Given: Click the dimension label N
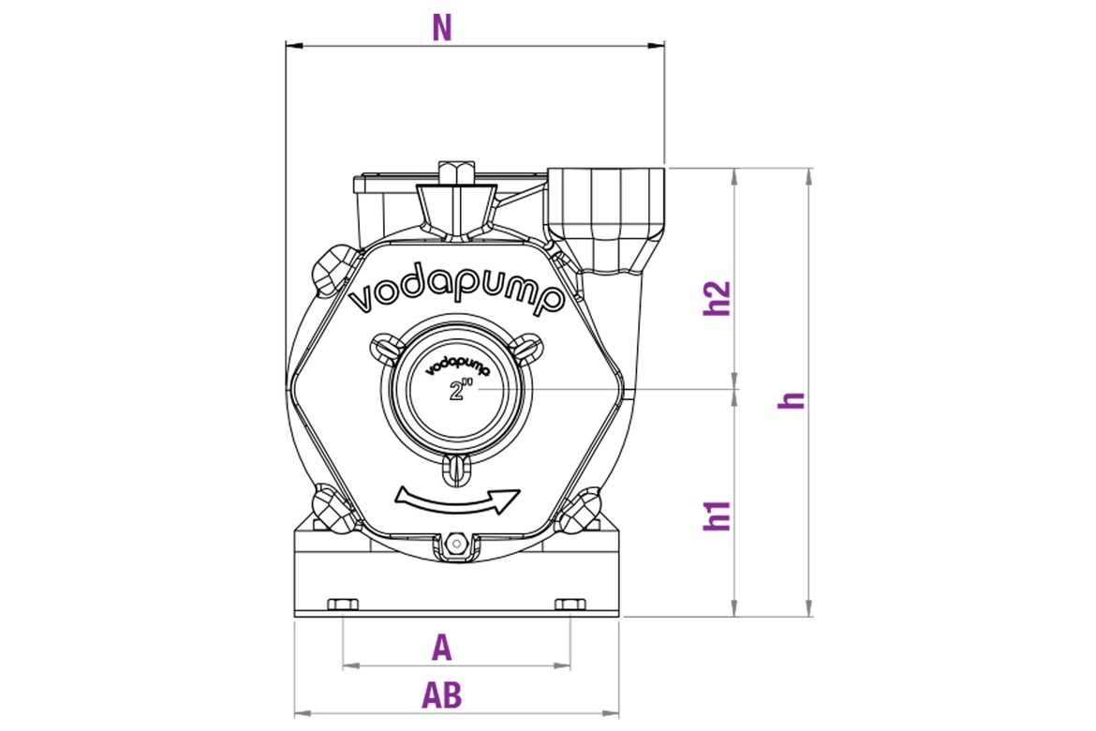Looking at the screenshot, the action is point(442,28).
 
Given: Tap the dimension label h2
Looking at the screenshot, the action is point(718,298).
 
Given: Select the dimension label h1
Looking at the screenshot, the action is point(718,515).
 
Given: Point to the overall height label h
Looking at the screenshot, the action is point(792,400).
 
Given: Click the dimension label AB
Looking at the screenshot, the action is point(442,695).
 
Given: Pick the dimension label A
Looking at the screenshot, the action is point(442,649).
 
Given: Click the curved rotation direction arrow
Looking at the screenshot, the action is point(457,500).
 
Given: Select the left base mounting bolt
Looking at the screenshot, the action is point(343,604).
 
